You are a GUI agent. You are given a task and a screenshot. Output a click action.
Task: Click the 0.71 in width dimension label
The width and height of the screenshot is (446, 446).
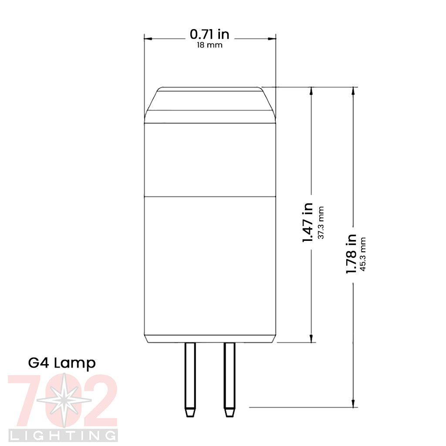point(209,34)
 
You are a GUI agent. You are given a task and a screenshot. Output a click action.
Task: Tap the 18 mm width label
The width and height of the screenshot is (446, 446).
point(209,45)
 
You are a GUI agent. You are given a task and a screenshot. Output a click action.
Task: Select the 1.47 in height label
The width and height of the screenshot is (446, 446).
point(308,222)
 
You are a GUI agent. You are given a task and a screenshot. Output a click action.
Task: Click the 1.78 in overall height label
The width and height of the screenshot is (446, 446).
point(351,254)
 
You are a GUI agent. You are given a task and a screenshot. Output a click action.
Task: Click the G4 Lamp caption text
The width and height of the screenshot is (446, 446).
point(62,363)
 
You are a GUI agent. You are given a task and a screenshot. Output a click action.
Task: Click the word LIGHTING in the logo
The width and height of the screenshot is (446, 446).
point(63,435)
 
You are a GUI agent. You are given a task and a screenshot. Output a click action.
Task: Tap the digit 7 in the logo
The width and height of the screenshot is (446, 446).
point(29,399)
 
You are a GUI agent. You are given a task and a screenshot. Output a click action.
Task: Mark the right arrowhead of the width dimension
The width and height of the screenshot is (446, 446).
point(272,39)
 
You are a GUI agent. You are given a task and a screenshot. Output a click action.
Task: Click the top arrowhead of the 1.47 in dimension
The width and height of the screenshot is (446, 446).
point(311,91)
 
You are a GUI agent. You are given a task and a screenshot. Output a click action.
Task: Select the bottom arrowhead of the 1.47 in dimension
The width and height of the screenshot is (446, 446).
point(311,338)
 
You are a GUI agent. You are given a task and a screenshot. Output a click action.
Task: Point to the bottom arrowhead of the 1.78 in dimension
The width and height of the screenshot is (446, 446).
point(353,404)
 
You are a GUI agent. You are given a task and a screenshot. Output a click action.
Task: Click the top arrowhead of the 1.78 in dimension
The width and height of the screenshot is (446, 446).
point(353,91)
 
